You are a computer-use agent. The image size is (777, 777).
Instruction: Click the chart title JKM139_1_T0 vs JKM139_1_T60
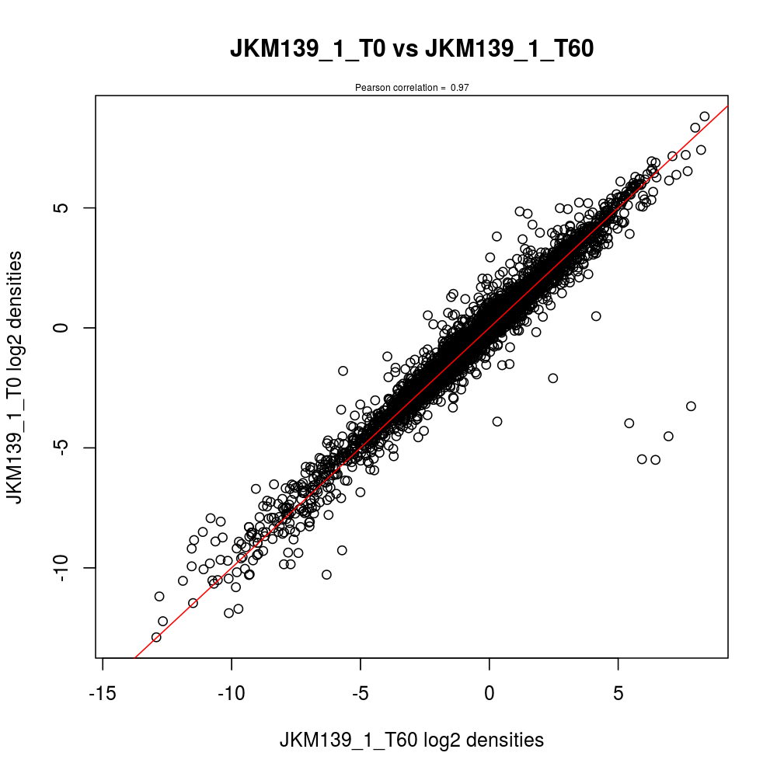click(x=412, y=49)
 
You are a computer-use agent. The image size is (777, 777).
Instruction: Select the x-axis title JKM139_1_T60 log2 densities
click(x=412, y=740)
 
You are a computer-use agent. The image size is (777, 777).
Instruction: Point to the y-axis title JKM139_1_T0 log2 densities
click(x=24, y=378)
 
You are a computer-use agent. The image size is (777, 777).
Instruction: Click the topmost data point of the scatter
click(x=705, y=117)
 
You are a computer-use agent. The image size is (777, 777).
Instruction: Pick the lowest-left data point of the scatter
click(x=156, y=637)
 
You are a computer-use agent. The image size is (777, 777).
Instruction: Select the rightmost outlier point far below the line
click(x=691, y=406)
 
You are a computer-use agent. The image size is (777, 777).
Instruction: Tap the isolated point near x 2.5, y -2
click(x=553, y=378)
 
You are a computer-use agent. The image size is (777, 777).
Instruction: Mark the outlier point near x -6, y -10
click(x=326, y=575)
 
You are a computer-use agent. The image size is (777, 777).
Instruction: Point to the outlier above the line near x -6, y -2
click(x=343, y=371)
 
